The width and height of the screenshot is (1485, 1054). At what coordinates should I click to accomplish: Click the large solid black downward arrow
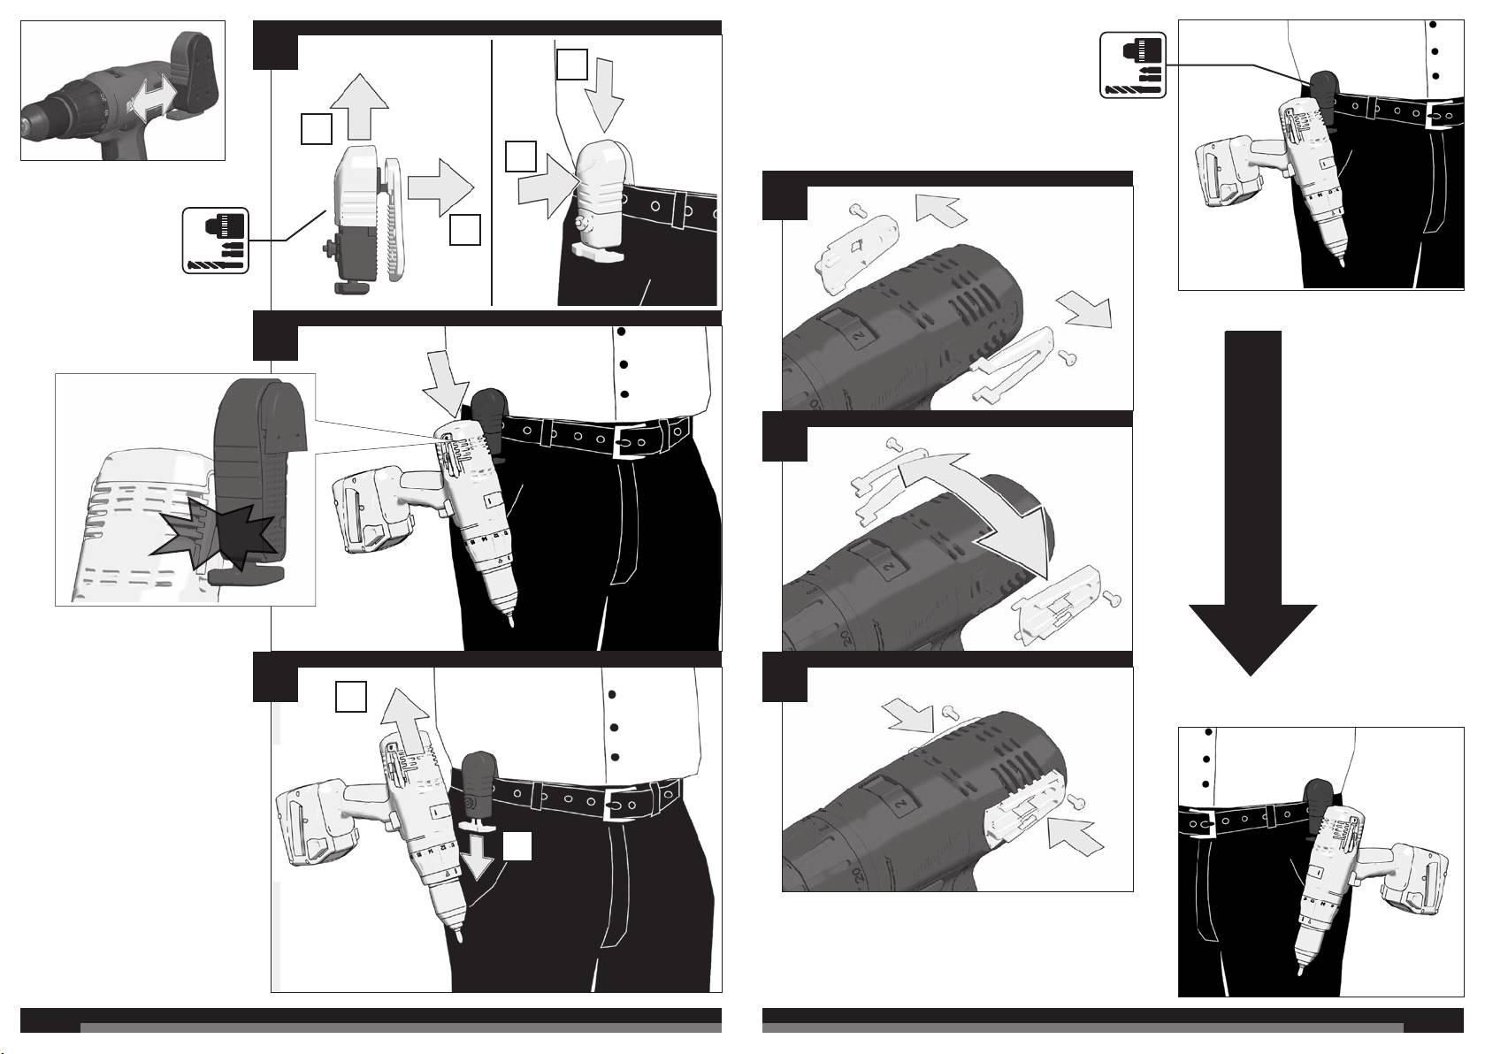pyautogui.click(x=1252, y=531)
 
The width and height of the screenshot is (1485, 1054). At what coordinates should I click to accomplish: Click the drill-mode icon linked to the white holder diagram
pyautogui.click(x=216, y=239)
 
